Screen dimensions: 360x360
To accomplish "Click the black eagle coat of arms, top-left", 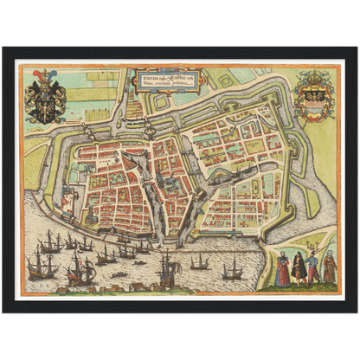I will (x=46, y=102).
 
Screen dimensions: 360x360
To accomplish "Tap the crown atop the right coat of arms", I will (x=312, y=75).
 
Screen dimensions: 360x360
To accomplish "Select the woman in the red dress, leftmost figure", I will (x=283, y=269).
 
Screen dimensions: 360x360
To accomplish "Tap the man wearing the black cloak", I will (x=299, y=267).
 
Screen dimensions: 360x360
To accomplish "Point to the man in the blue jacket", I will (x=312, y=268).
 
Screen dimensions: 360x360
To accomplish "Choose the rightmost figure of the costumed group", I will (x=329, y=267).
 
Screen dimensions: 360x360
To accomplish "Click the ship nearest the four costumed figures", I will (x=232, y=270).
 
